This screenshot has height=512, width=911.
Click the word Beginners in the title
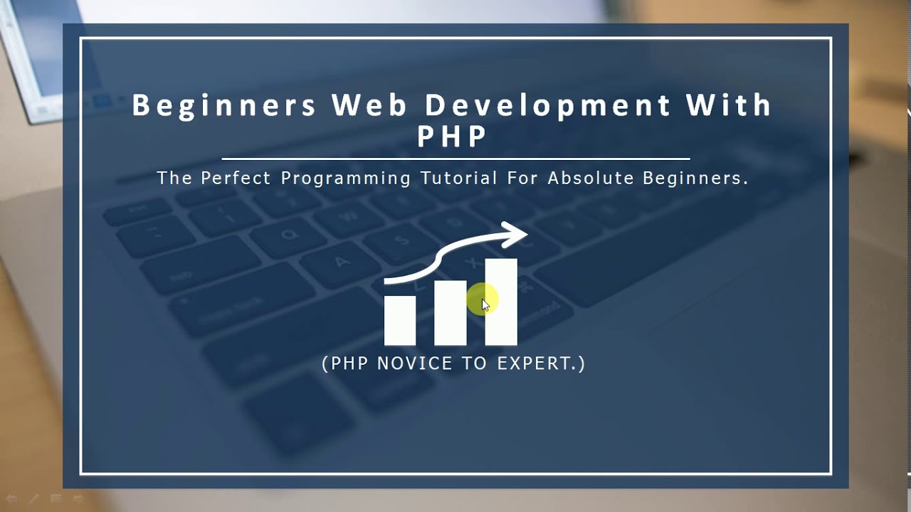coord(223,105)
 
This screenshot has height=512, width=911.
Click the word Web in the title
coord(369,105)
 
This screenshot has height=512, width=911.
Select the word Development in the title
coord(547,105)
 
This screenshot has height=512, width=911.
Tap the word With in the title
coord(729,105)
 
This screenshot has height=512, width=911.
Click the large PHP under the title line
coord(452,137)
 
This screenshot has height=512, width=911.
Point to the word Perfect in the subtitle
coord(236,178)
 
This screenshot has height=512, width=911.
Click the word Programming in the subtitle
coord(346,178)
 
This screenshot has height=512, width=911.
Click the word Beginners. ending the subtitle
coord(695,178)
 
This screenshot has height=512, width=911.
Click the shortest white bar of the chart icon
coord(400,320)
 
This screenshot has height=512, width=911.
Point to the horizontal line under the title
coord(455,159)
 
